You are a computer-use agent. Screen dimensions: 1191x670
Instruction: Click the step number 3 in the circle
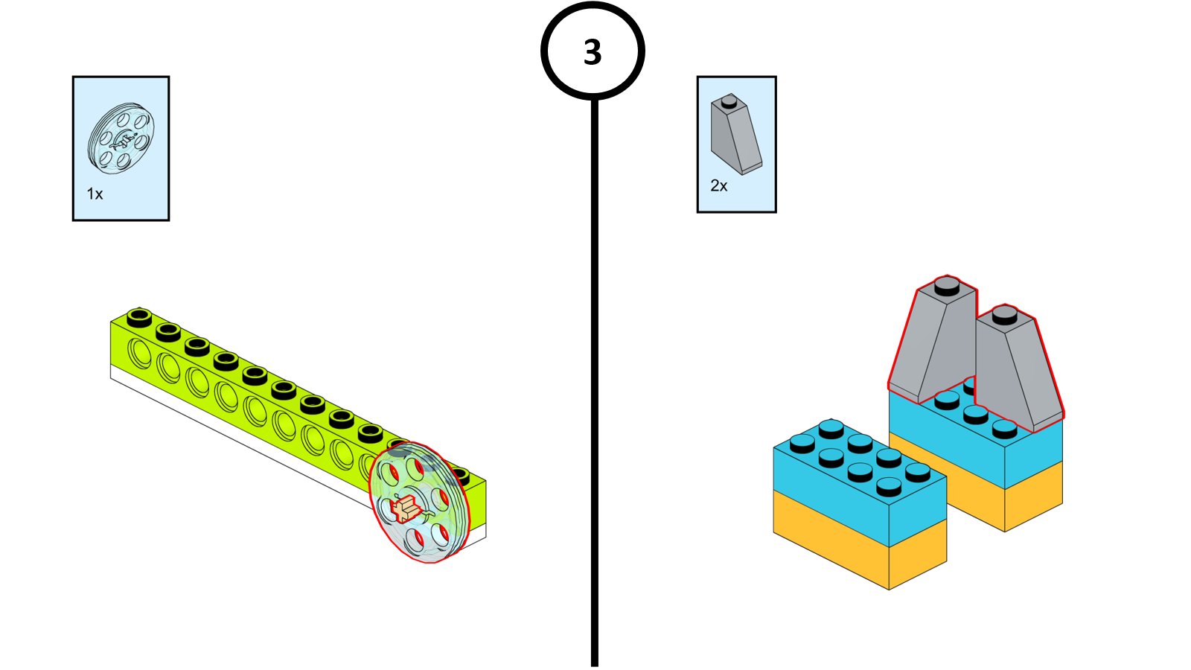(593, 52)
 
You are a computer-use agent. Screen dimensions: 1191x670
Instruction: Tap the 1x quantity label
(95, 194)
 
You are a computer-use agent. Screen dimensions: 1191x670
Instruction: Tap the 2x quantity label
(719, 185)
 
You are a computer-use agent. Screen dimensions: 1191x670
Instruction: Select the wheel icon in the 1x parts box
(121, 138)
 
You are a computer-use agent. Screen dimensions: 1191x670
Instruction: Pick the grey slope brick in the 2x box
(736, 134)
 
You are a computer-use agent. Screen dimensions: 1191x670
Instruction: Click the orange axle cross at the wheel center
(406, 508)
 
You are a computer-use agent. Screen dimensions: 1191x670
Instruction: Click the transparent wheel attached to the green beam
(420, 502)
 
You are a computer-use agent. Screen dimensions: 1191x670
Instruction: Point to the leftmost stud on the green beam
(139, 317)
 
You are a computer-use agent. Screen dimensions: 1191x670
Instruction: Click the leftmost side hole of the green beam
(139, 353)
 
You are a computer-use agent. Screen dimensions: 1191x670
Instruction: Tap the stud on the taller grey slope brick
(946, 286)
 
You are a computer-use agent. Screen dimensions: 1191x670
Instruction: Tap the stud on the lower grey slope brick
(1004, 314)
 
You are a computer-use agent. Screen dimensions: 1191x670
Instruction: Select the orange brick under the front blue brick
(860, 539)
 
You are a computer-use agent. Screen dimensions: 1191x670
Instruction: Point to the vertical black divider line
(595, 383)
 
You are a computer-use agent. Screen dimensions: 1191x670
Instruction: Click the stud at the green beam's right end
(461, 475)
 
